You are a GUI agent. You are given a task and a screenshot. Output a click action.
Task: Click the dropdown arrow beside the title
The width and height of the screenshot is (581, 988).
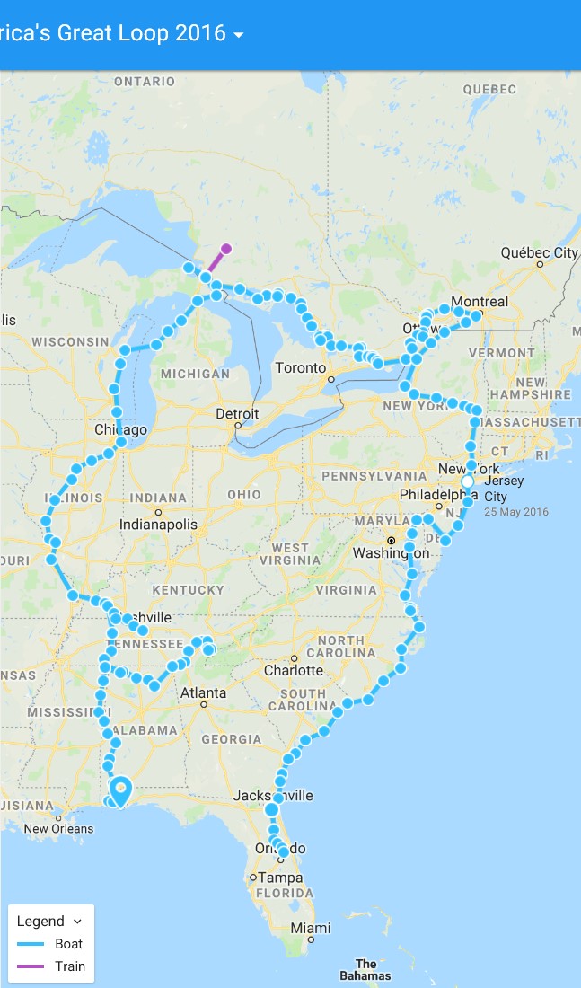coord(238,35)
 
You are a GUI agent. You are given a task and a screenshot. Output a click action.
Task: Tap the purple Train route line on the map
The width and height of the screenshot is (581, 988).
coord(216,262)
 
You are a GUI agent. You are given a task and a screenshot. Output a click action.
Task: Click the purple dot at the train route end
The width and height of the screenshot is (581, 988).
coord(226,249)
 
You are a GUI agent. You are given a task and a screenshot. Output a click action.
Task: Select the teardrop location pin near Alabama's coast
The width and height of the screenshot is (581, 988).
coord(120,789)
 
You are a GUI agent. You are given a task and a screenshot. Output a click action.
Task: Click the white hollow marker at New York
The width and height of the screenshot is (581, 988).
coord(467,482)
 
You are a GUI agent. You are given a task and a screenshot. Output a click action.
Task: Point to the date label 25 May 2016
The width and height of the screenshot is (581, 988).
coord(516,512)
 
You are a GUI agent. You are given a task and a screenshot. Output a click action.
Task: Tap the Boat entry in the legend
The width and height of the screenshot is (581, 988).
coord(68,944)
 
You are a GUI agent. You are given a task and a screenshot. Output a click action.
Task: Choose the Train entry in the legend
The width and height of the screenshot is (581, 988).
coord(70,966)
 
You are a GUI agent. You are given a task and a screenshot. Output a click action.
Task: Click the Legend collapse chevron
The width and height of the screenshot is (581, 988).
coord(77,922)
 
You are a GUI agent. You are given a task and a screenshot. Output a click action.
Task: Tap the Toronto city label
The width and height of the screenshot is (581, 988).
coord(300,368)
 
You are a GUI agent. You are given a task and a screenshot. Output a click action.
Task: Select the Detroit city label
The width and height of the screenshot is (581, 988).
coord(237,414)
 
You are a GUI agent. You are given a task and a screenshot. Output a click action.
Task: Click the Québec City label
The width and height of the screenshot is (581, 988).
coord(539,253)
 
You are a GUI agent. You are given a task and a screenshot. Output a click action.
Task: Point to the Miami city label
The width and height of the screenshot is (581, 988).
coord(310,928)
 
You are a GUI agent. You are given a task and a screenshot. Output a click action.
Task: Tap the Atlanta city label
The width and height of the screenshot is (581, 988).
coord(203,692)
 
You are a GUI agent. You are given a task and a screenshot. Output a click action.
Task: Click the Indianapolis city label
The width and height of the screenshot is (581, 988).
coord(158,524)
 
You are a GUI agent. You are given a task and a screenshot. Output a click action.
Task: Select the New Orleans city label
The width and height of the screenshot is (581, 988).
coord(58,828)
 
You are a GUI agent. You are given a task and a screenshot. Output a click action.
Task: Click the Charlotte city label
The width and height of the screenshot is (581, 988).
coord(293,670)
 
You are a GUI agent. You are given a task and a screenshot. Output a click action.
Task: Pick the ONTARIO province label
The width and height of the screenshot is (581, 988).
coord(145,82)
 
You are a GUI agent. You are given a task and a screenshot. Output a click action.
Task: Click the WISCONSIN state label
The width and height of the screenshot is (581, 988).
coord(70,342)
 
